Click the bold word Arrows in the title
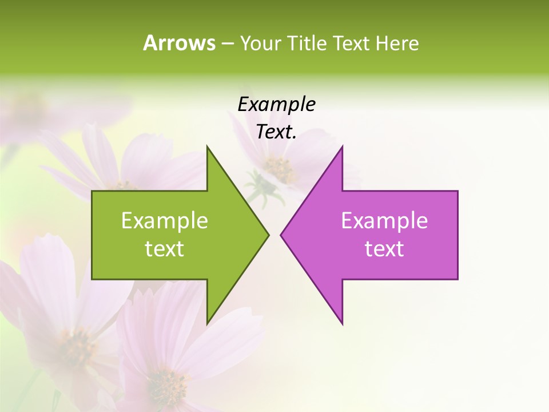point(178,43)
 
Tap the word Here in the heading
point(397,43)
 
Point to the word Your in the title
point(260,43)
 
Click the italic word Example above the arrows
point(276,104)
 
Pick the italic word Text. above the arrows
point(276,132)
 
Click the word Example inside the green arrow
point(164,221)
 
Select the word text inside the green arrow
point(164,249)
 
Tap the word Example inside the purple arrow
point(384,221)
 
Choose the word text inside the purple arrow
point(384,249)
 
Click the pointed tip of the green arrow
point(268,235)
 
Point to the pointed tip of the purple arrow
point(281,235)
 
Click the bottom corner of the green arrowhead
point(207,323)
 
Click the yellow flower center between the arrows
point(279,168)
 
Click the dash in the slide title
point(226,43)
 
